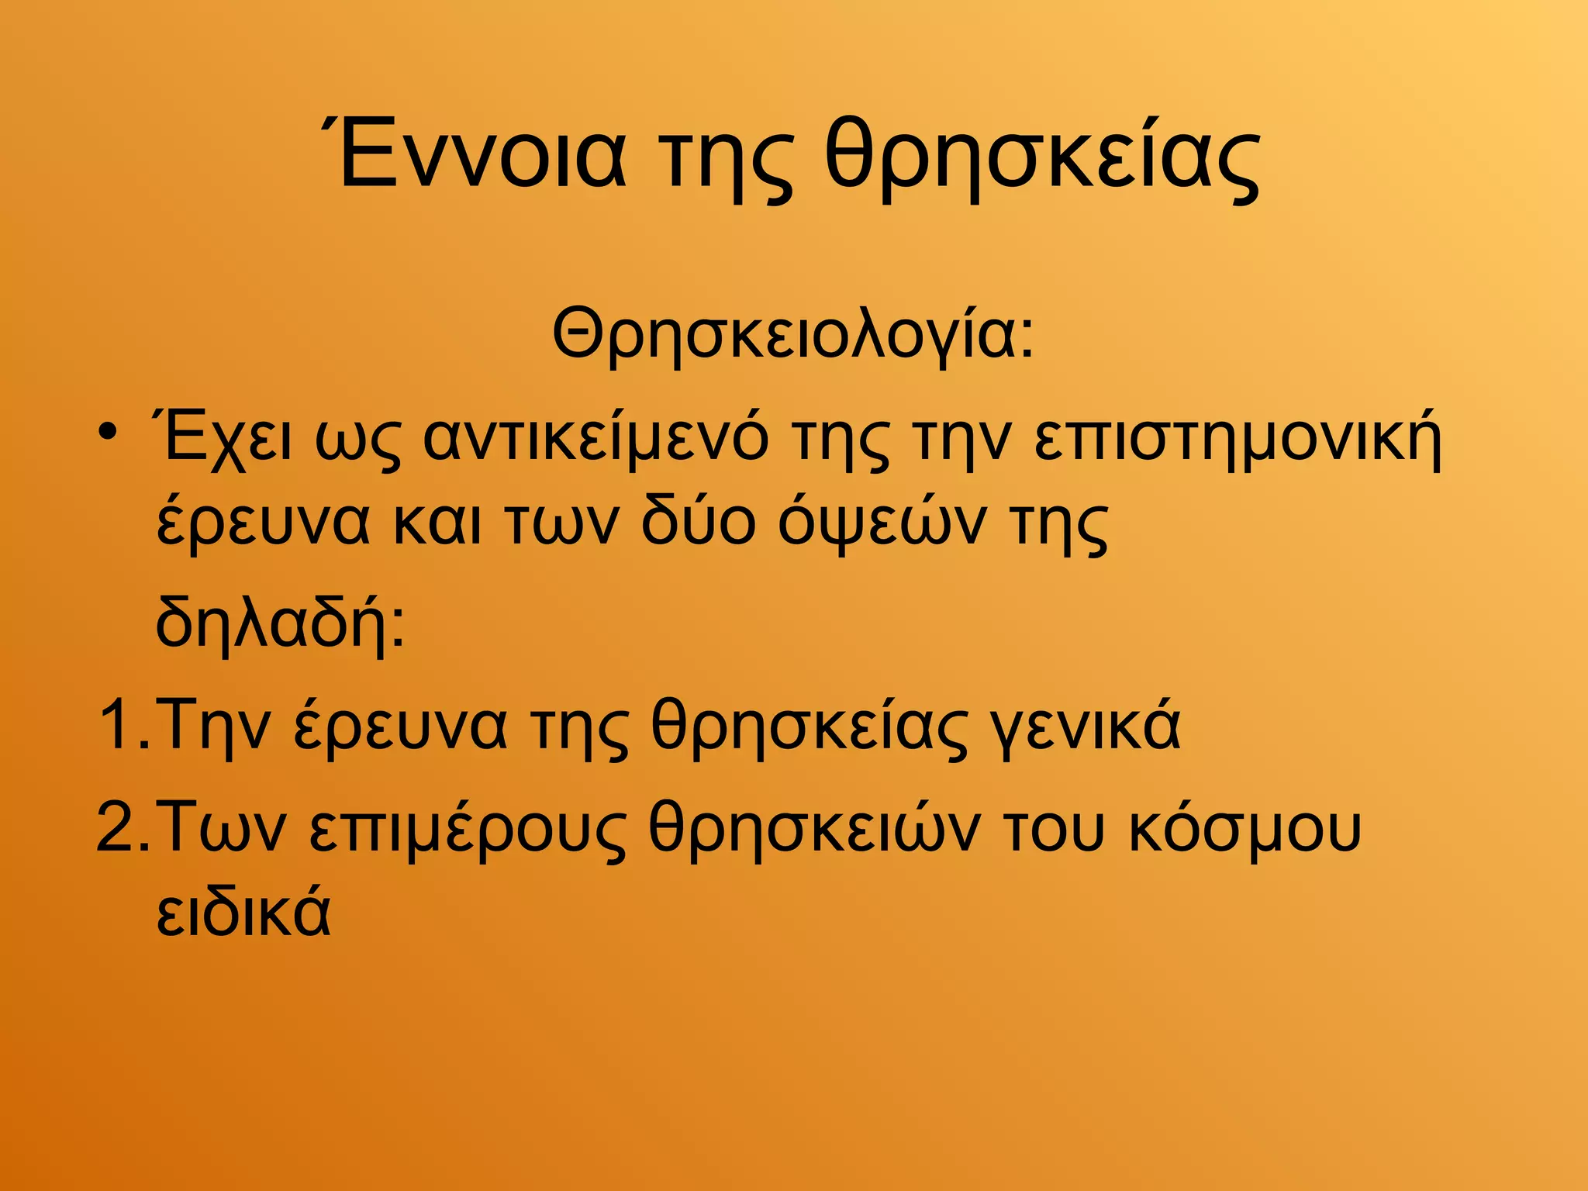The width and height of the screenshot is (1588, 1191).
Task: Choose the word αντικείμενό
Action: [x=596, y=438]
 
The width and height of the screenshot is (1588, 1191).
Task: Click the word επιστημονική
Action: [x=1238, y=438]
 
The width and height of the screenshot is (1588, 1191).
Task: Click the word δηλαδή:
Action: [x=280, y=620]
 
